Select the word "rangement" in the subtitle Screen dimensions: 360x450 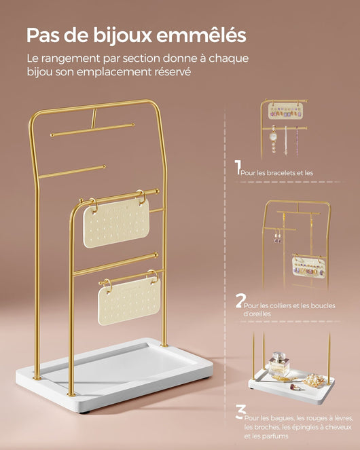(71, 59)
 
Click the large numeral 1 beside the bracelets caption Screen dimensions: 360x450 (238, 167)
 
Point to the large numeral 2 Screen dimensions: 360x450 (239, 301)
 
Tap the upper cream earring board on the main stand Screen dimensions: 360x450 (116, 223)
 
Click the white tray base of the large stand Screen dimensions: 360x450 (114, 375)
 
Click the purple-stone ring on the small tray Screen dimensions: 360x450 (295, 387)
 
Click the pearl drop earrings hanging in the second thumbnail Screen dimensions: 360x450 (278, 236)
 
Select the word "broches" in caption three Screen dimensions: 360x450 (262, 428)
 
